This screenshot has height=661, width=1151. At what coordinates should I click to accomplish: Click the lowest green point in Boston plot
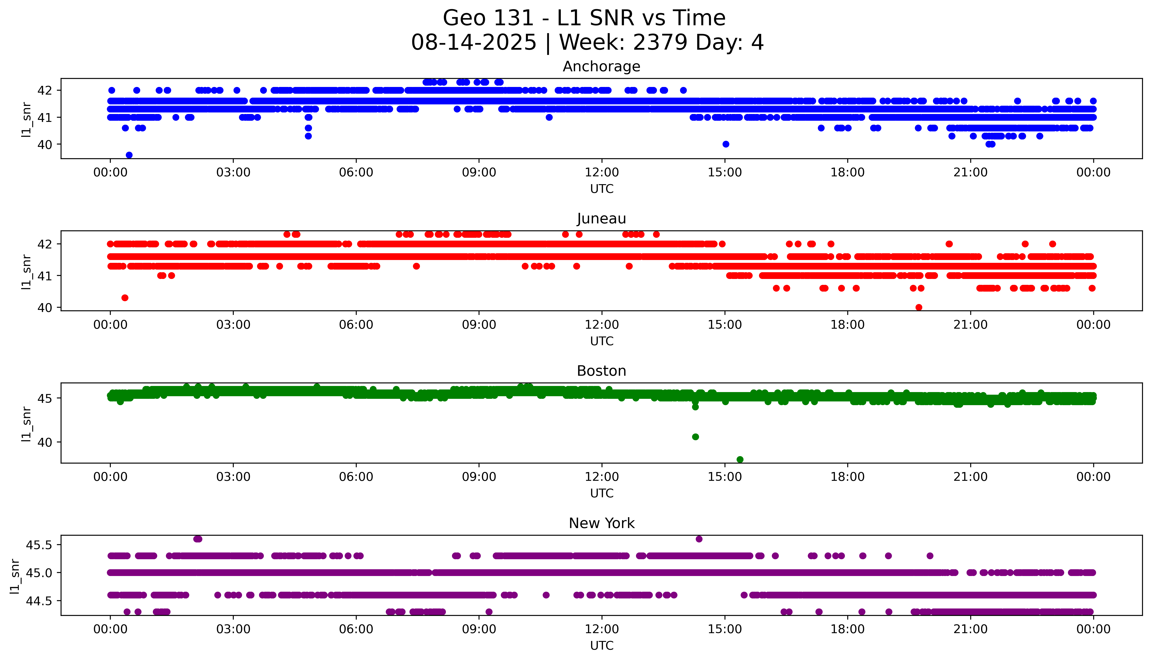pyautogui.click(x=740, y=459)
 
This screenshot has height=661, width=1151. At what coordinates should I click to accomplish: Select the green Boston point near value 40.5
pyautogui.click(x=695, y=437)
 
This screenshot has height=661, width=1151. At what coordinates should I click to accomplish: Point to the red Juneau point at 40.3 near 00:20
pyautogui.click(x=125, y=298)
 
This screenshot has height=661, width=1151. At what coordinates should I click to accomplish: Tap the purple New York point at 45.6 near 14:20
pyautogui.click(x=699, y=539)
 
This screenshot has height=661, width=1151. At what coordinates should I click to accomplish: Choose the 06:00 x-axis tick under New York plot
pyautogui.click(x=356, y=629)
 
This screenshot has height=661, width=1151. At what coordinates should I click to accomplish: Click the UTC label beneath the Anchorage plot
pyautogui.click(x=602, y=189)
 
